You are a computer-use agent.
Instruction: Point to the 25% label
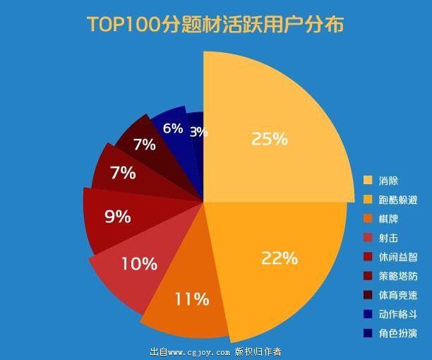click(x=270, y=139)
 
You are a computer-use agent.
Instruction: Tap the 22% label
click(x=259, y=258)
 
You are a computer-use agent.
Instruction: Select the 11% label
click(x=192, y=299)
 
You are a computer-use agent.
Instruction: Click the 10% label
click(x=139, y=264)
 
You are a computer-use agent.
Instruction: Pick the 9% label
click(x=118, y=217)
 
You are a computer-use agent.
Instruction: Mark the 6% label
click(x=173, y=128)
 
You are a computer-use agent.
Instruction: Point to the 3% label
click(x=198, y=131)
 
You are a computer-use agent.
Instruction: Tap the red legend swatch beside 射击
click(x=367, y=237)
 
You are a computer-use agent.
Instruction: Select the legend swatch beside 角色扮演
click(x=367, y=332)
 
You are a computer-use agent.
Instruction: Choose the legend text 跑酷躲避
click(x=397, y=200)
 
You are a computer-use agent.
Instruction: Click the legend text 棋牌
click(x=388, y=219)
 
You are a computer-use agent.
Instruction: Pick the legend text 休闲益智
click(x=397, y=257)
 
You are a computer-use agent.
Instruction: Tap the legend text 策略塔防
click(x=397, y=276)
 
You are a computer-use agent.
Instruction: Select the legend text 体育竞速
click(x=397, y=295)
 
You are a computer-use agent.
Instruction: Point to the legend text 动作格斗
click(x=397, y=314)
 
